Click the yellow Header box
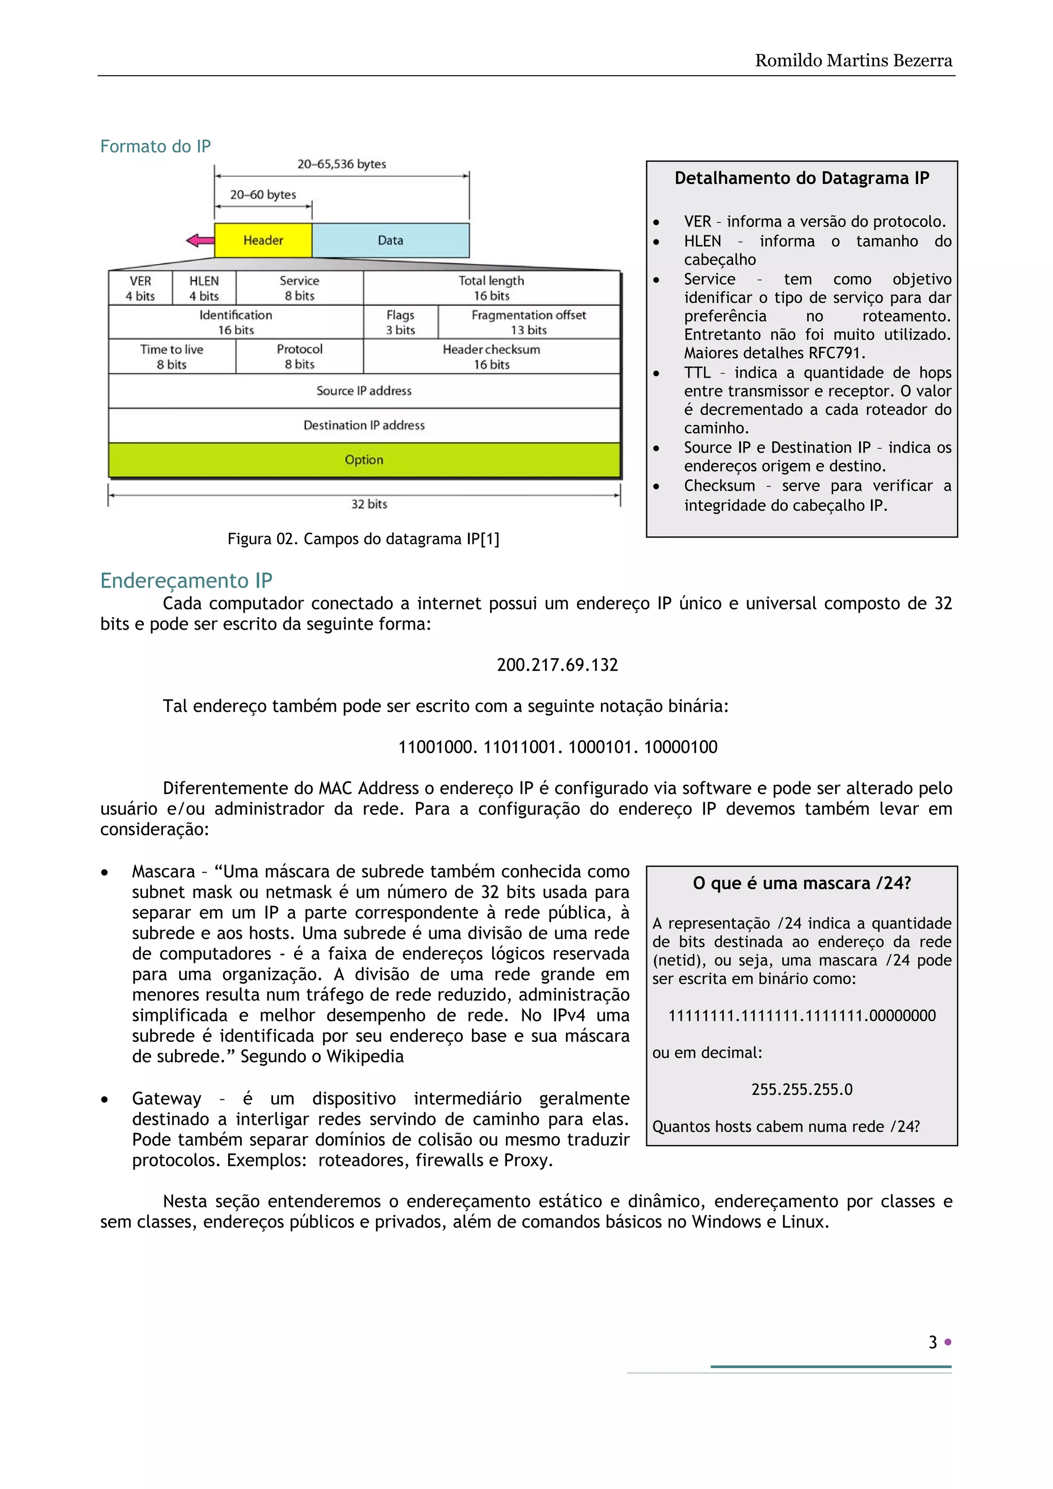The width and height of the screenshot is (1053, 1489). click(x=263, y=241)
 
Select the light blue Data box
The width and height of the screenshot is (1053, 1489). click(x=390, y=241)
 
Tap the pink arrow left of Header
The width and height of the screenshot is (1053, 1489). click(x=200, y=241)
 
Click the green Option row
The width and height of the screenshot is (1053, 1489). click(x=364, y=460)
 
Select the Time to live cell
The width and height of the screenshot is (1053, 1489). click(x=171, y=357)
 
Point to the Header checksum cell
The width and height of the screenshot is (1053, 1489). click(x=491, y=357)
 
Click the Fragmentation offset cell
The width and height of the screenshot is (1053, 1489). click(x=528, y=322)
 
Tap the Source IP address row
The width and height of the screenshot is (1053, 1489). click(x=364, y=391)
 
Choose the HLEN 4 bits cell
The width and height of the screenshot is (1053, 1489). click(x=204, y=288)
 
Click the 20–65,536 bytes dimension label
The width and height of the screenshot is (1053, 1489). click(x=341, y=164)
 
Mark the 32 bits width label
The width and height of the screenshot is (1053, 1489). click(x=369, y=504)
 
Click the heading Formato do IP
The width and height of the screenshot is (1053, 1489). click(x=155, y=146)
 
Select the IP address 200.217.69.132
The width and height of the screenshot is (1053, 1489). click(x=557, y=665)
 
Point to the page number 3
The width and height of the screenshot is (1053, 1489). click(x=932, y=1343)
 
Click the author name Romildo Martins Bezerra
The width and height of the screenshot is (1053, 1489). click(x=853, y=60)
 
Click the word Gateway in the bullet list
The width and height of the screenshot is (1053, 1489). click(x=167, y=1098)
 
